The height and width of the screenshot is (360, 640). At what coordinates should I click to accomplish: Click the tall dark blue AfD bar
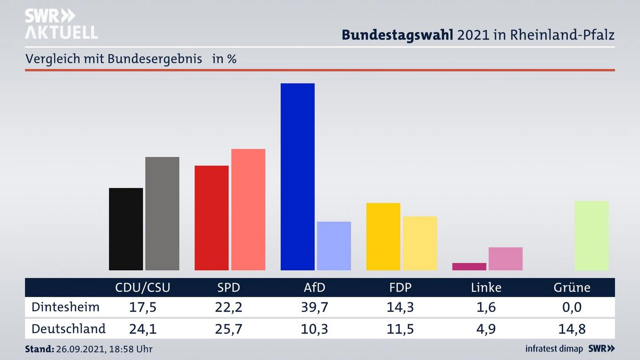coord(297,176)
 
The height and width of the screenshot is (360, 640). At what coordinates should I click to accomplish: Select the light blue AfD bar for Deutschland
coord(334,246)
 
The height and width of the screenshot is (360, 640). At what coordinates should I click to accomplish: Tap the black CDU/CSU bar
coord(126,229)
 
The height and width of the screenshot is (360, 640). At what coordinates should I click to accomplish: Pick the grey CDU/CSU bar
coord(162,213)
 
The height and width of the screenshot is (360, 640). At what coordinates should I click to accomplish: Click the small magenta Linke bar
coord(469,267)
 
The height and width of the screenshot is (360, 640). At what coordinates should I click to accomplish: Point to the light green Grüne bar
coord(591,236)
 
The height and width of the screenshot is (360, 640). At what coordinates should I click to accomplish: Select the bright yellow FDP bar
coord(383,236)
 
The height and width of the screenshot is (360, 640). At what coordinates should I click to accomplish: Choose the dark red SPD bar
coord(212,218)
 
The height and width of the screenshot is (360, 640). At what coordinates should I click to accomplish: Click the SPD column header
coord(228,288)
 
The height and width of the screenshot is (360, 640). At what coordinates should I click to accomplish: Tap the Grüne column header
coord(572,288)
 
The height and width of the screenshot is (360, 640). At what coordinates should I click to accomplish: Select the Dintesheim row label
coord(65,307)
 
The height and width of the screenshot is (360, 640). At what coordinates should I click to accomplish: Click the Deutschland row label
coord(68,329)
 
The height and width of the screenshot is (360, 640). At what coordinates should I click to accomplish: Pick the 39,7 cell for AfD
coord(314,307)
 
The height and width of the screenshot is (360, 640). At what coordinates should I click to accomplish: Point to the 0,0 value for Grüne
coord(572,307)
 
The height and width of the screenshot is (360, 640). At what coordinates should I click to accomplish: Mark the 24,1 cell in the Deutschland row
coord(143,329)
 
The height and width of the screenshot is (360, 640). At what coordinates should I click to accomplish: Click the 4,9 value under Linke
coord(486,329)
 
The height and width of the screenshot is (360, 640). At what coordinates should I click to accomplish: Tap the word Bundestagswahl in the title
coord(397,35)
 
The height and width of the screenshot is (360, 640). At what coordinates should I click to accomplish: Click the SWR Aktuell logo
coord(61,24)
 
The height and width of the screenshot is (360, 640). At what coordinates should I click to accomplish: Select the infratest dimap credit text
coord(554,349)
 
